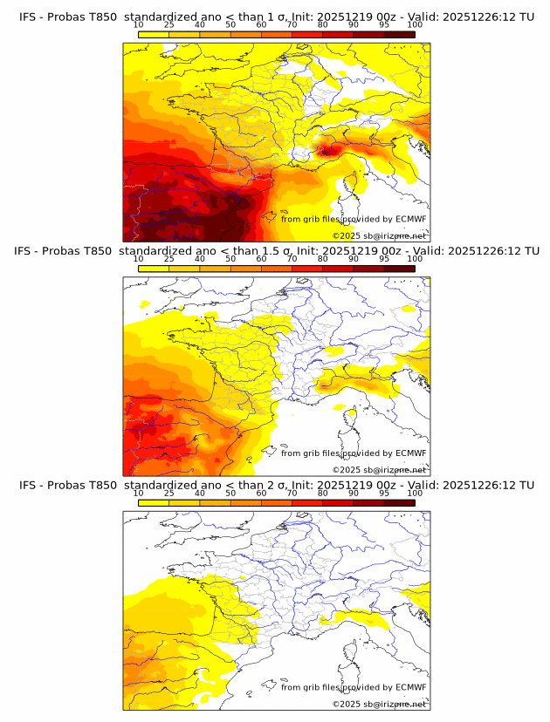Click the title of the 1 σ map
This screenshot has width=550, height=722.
point(276,17)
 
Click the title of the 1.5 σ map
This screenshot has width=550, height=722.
point(276,250)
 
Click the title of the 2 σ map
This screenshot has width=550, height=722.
point(276,485)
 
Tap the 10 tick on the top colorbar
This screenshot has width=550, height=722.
point(139,24)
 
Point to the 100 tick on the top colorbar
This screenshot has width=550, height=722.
point(415,24)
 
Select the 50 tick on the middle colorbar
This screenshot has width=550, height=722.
point(230,259)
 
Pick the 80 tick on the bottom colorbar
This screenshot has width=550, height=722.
point(323,494)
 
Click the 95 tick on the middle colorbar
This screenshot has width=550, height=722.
point(384,259)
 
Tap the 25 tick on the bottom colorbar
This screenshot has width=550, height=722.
point(169,494)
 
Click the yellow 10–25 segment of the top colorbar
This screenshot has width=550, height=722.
point(154,34)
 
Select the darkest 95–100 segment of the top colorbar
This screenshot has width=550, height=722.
point(399,34)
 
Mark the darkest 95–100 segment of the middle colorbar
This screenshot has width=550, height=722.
point(399,269)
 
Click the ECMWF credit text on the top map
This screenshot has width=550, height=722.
point(354,219)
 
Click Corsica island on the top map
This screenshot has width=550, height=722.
point(354,184)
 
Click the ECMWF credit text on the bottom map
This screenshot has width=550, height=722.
point(354,687)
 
